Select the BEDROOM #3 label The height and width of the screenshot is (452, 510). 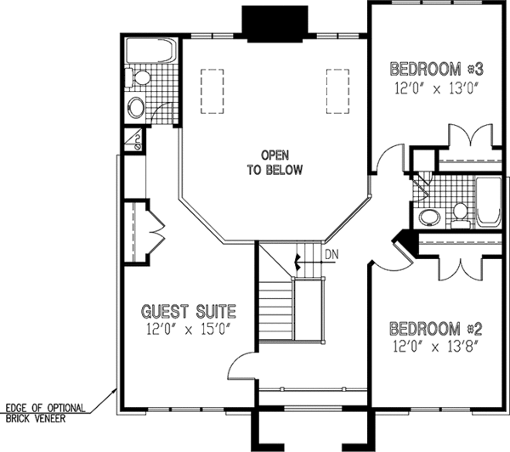tap(437, 68)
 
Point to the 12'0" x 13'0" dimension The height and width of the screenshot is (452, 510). tap(437, 87)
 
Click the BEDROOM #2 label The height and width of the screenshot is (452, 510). tap(437, 328)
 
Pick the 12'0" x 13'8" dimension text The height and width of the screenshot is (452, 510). tap(437, 345)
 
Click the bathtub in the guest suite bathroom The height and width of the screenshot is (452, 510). tap(150, 53)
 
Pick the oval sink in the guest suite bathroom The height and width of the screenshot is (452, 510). tap(135, 108)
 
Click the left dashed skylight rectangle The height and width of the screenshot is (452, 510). tap(209, 90)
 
